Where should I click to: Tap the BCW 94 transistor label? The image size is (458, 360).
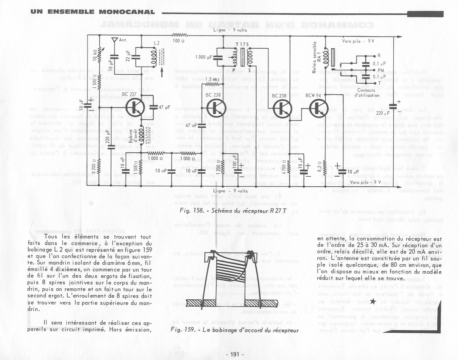313,96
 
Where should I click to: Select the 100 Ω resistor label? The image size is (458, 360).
179,41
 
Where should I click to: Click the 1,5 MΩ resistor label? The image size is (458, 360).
212,80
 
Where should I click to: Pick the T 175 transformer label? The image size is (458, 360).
242,45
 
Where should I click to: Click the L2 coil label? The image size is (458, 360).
157,43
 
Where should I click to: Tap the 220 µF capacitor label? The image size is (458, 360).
383,113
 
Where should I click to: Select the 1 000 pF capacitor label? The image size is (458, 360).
204,57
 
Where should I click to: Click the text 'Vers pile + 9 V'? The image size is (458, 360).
358,41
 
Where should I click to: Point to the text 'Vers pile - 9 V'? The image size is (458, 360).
365,182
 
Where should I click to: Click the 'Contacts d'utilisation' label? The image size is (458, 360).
366,93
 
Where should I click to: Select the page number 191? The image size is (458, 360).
235,354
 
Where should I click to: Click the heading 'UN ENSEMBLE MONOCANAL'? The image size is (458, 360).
93,12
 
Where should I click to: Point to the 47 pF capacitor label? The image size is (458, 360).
164,107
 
